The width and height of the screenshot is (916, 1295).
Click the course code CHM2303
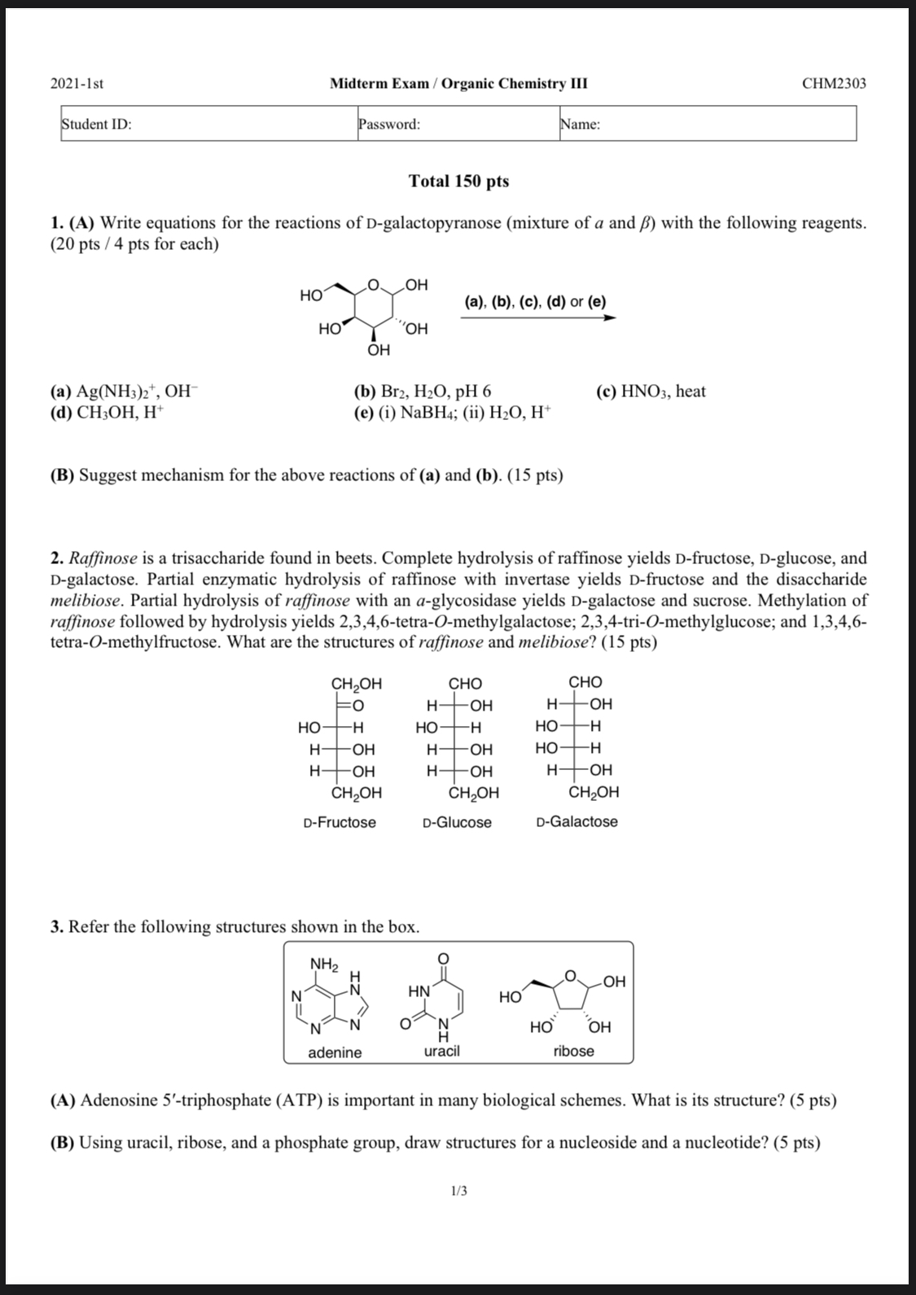[834, 84]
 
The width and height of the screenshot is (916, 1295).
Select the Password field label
[389, 125]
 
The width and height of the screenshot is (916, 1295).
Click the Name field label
[581, 125]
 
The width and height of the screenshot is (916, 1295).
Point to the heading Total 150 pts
[458, 181]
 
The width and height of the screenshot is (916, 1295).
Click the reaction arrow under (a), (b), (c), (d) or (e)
[537, 318]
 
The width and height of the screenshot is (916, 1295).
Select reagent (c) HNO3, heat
[651, 392]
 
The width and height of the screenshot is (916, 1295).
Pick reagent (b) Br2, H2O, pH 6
[422, 392]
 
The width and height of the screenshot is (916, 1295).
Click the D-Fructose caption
[340, 822]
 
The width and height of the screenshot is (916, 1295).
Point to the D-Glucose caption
[458, 822]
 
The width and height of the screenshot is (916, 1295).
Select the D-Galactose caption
[577, 821]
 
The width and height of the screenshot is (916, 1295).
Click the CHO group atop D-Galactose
[585, 682]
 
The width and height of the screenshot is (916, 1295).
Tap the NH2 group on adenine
[324, 965]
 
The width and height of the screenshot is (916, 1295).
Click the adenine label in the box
[335, 1052]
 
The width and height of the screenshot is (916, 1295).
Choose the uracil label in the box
[441, 1051]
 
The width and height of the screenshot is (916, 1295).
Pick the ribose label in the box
[573, 1051]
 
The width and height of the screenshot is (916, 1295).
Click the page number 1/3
[458, 1192]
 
